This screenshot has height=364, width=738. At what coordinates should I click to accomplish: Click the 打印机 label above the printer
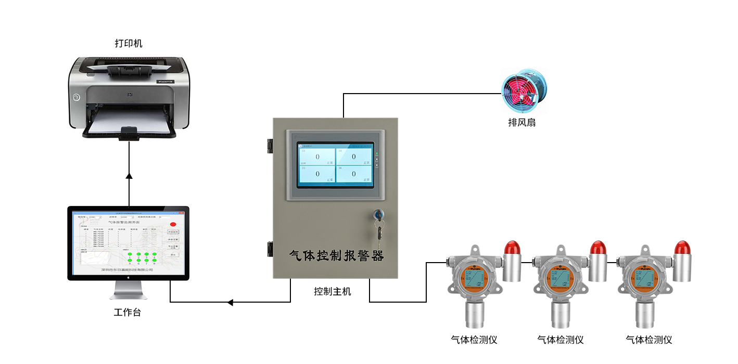click(x=128, y=43)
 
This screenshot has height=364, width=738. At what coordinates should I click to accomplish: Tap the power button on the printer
click(x=77, y=97)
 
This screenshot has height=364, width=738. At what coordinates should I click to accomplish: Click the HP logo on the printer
click(x=129, y=95)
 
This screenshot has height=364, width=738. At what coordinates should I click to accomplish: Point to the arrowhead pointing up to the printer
click(x=129, y=176)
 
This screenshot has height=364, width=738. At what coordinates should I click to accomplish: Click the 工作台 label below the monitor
click(x=127, y=313)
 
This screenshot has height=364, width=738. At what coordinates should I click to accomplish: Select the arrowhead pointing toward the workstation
click(x=231, y=302)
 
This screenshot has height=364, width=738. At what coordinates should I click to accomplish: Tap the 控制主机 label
click(x=333, y=292)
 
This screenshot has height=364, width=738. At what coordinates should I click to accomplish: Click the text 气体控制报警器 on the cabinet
click(x=336, y=256)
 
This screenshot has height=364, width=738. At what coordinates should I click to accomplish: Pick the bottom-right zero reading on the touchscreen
click(x=354, y=174)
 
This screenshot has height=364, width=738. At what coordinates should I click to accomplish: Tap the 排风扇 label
click(x=522, y=123)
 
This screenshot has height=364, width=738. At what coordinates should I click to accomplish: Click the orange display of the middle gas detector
click(x=559, y=278)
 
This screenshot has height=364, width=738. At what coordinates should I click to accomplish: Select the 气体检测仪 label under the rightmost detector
click(x=649, y=340)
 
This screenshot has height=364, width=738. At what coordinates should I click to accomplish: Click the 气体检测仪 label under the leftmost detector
click(x=474, y=340)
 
